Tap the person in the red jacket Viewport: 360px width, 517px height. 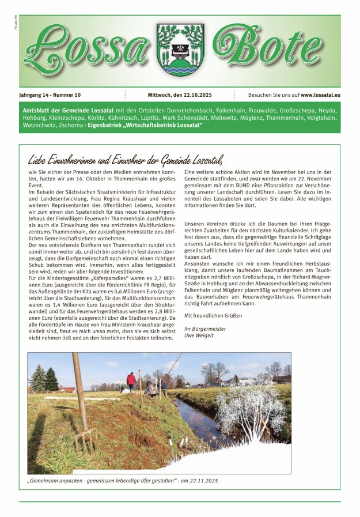[131, 381]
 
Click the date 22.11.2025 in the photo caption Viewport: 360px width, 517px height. [204, 480]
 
